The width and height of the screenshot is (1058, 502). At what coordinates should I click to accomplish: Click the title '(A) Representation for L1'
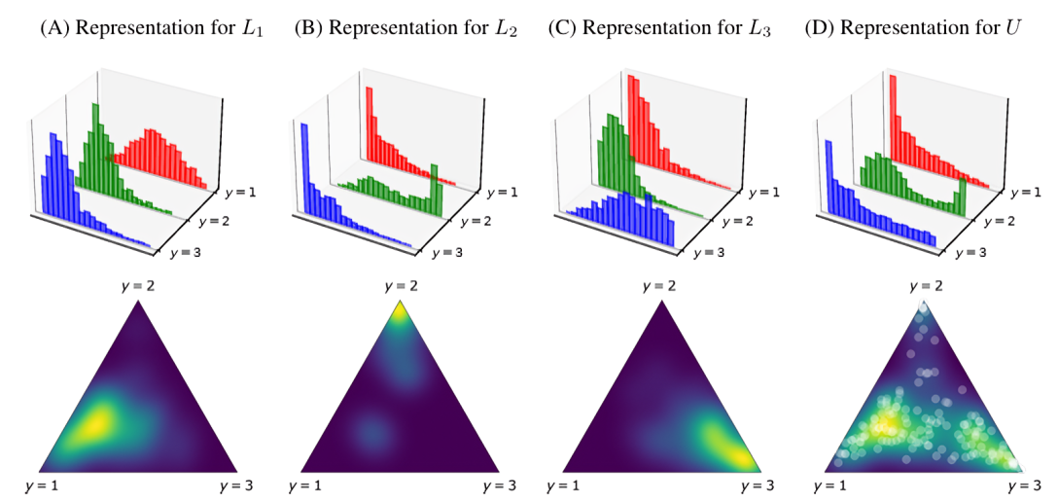138,28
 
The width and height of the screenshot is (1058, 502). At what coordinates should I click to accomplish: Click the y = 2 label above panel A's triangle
138,288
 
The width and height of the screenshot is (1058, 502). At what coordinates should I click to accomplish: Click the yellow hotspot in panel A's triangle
97,423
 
